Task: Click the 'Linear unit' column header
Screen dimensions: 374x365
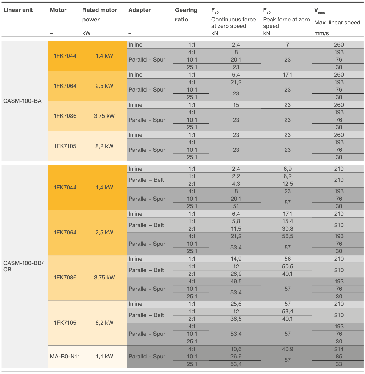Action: [x=18, y=10]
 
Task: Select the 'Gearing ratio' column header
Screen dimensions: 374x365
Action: [x=186, y=14]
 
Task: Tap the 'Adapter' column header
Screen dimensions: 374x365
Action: [x=139, y=10]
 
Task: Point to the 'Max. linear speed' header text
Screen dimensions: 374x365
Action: [x=337, y=23]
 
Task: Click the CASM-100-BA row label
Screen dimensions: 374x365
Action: [x=22, y=101]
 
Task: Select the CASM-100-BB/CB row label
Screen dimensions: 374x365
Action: [x=24, y=266]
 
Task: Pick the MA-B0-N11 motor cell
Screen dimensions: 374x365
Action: [x=65, y=357]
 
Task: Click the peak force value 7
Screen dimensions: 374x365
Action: [x=287, y=45]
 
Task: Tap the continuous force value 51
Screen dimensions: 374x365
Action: [x=236, y=206]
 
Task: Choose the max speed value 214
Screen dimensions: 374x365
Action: [x=339, y=349]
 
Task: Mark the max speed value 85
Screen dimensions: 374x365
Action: [x=339, y=357]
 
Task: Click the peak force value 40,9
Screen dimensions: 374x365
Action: [x=287, y=349]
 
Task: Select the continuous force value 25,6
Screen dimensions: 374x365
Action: [x=236, y=304]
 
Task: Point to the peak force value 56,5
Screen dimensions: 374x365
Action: [x=287, y=236]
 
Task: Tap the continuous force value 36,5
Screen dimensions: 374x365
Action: [x=236, y=319]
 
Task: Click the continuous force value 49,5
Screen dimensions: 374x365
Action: [x=236, y=282]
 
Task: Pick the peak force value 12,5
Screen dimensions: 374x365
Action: [x=287, y=184]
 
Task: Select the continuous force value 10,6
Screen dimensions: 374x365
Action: [x=236, y=349]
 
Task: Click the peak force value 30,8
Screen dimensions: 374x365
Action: [x=287, y=229]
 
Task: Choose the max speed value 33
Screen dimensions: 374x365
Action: [x=339, y=364]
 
